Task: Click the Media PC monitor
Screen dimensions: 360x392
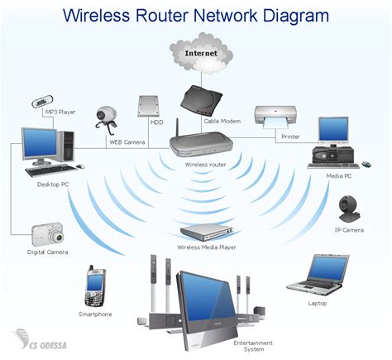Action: (333, 128)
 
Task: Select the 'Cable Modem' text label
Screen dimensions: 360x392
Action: (222, 122)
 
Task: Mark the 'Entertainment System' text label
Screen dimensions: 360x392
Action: (248, 346)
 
